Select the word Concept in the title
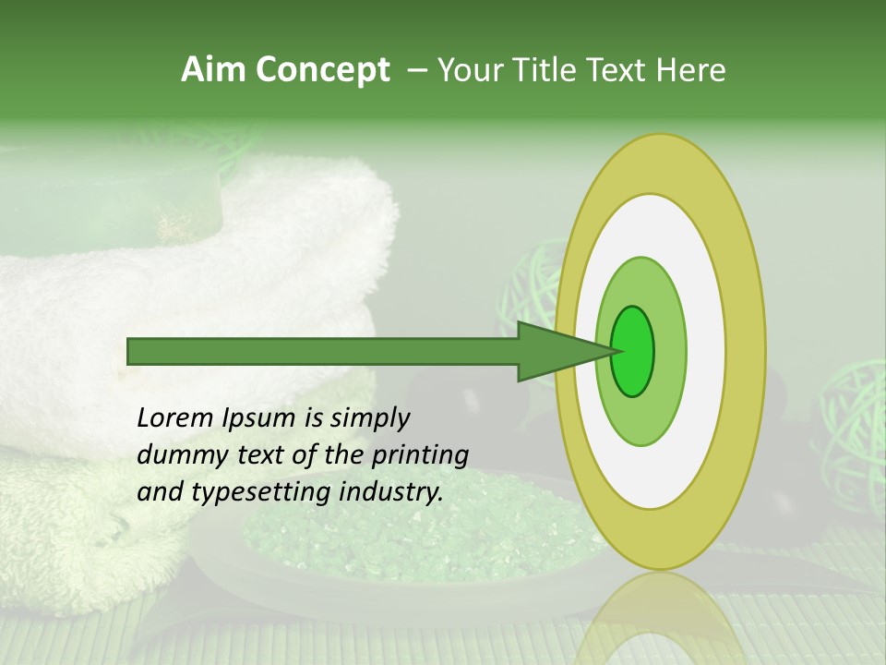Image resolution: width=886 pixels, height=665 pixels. pyautogui.click(x=323, y=69)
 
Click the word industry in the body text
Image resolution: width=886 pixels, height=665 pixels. pyautogui.click(x=392, y=491)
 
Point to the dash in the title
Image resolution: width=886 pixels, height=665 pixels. pyautogui.click(x=416, y=69)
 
